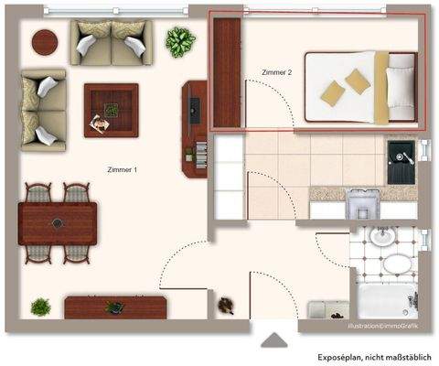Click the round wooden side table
point(43,41)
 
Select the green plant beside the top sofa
point(179,41)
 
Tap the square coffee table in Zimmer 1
point(111,110)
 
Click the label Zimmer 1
point(122,170)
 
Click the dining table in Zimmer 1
point(59,221)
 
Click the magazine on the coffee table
point(97,124)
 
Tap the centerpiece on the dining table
point(59,221)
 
